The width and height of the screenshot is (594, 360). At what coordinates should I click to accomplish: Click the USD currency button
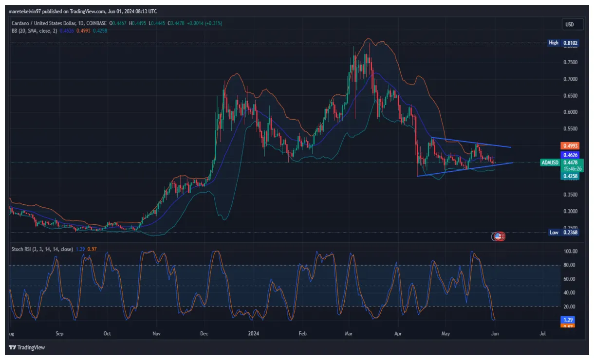[569, 24]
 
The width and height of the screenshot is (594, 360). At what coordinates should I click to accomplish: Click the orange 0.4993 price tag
[570, 145]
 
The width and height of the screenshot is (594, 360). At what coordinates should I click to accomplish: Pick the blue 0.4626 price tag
[570, 155]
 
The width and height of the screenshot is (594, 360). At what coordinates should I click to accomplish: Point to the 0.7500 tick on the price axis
[570, 62]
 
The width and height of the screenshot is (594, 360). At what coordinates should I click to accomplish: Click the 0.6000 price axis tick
[570, 112]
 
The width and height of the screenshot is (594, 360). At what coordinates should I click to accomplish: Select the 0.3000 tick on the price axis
[570, 211]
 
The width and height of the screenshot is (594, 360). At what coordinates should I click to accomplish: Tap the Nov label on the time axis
[156, 334]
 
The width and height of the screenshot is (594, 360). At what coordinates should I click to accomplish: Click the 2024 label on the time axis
[253, 334]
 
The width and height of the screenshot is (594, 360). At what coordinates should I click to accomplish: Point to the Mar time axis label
[349, 334]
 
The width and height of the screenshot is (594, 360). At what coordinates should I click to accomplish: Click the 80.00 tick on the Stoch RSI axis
[570, 265]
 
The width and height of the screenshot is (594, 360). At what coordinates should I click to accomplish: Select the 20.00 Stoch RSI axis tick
[570, 306]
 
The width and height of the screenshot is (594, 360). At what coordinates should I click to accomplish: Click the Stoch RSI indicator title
[42, 249]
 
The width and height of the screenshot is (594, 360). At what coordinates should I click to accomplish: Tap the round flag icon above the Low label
[498, 236]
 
